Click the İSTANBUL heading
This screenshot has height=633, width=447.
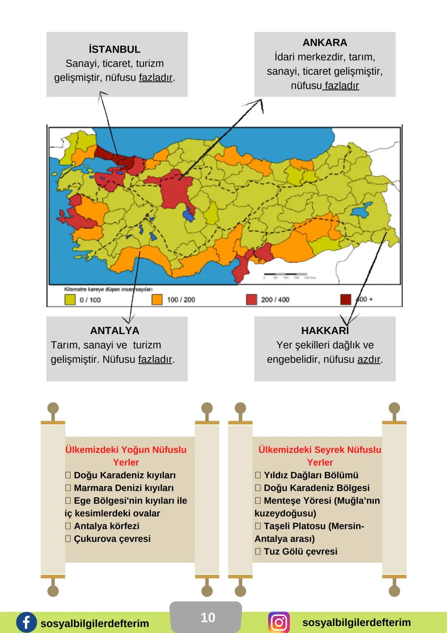coord(115,49)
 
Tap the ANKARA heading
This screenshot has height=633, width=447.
coord(325,43)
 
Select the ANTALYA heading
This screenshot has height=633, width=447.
coord(115,330)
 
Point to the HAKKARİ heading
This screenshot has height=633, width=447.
coord(325,330)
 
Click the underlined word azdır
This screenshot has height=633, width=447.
coord(368,359)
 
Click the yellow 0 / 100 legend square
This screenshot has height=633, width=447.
coord(70,299)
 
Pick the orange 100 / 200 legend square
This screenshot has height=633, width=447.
coord(157,299)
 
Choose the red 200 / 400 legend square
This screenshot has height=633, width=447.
coord(251,299)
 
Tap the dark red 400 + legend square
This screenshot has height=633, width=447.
coord(346,299)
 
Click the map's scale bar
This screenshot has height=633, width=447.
coord(286,274)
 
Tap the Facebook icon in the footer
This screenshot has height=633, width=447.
coord(26,623)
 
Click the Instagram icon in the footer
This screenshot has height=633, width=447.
coord(279,622)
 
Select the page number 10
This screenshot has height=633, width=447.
coord(207,618)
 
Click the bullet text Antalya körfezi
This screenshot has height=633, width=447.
coord(106,526)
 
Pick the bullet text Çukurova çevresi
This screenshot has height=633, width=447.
coord(112,539)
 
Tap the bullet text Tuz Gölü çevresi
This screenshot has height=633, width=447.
coord(300,552)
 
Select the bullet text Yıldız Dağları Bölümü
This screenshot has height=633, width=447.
coord(311,475)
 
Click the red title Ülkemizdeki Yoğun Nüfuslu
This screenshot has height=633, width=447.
coord(126,450)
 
